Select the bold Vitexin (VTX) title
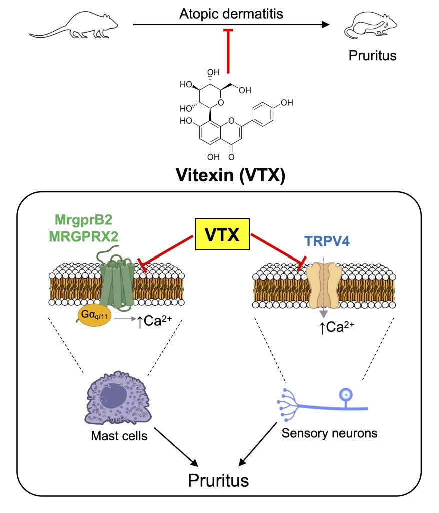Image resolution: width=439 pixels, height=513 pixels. click(231, 176)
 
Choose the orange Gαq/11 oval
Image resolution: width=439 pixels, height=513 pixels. click(92, 318)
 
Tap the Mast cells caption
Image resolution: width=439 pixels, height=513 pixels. click(119, 436)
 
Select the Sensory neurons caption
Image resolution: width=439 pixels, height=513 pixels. click(329, 432)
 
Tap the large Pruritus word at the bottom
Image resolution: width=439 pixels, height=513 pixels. click(218, 480)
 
